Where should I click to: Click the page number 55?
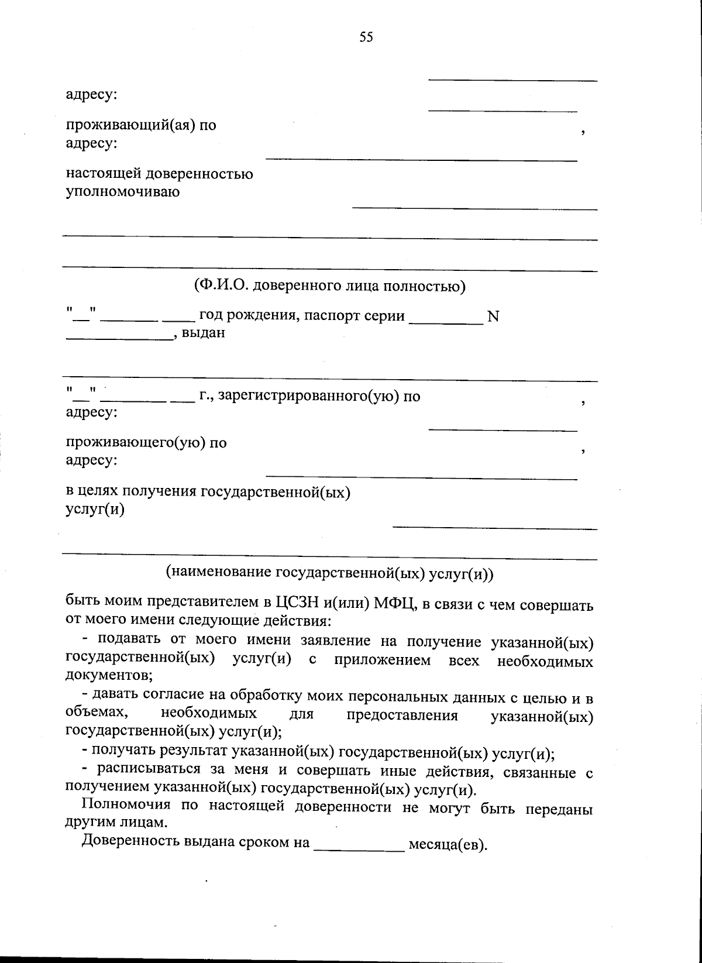(366, 38)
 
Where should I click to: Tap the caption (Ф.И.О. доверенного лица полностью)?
(329, 286)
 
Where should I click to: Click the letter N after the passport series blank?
(493, 317)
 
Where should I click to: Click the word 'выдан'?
(203, 333)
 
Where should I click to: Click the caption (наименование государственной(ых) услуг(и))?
(330, 573)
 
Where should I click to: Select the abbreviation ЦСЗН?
(296, 603)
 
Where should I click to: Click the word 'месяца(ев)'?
(448, 845)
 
